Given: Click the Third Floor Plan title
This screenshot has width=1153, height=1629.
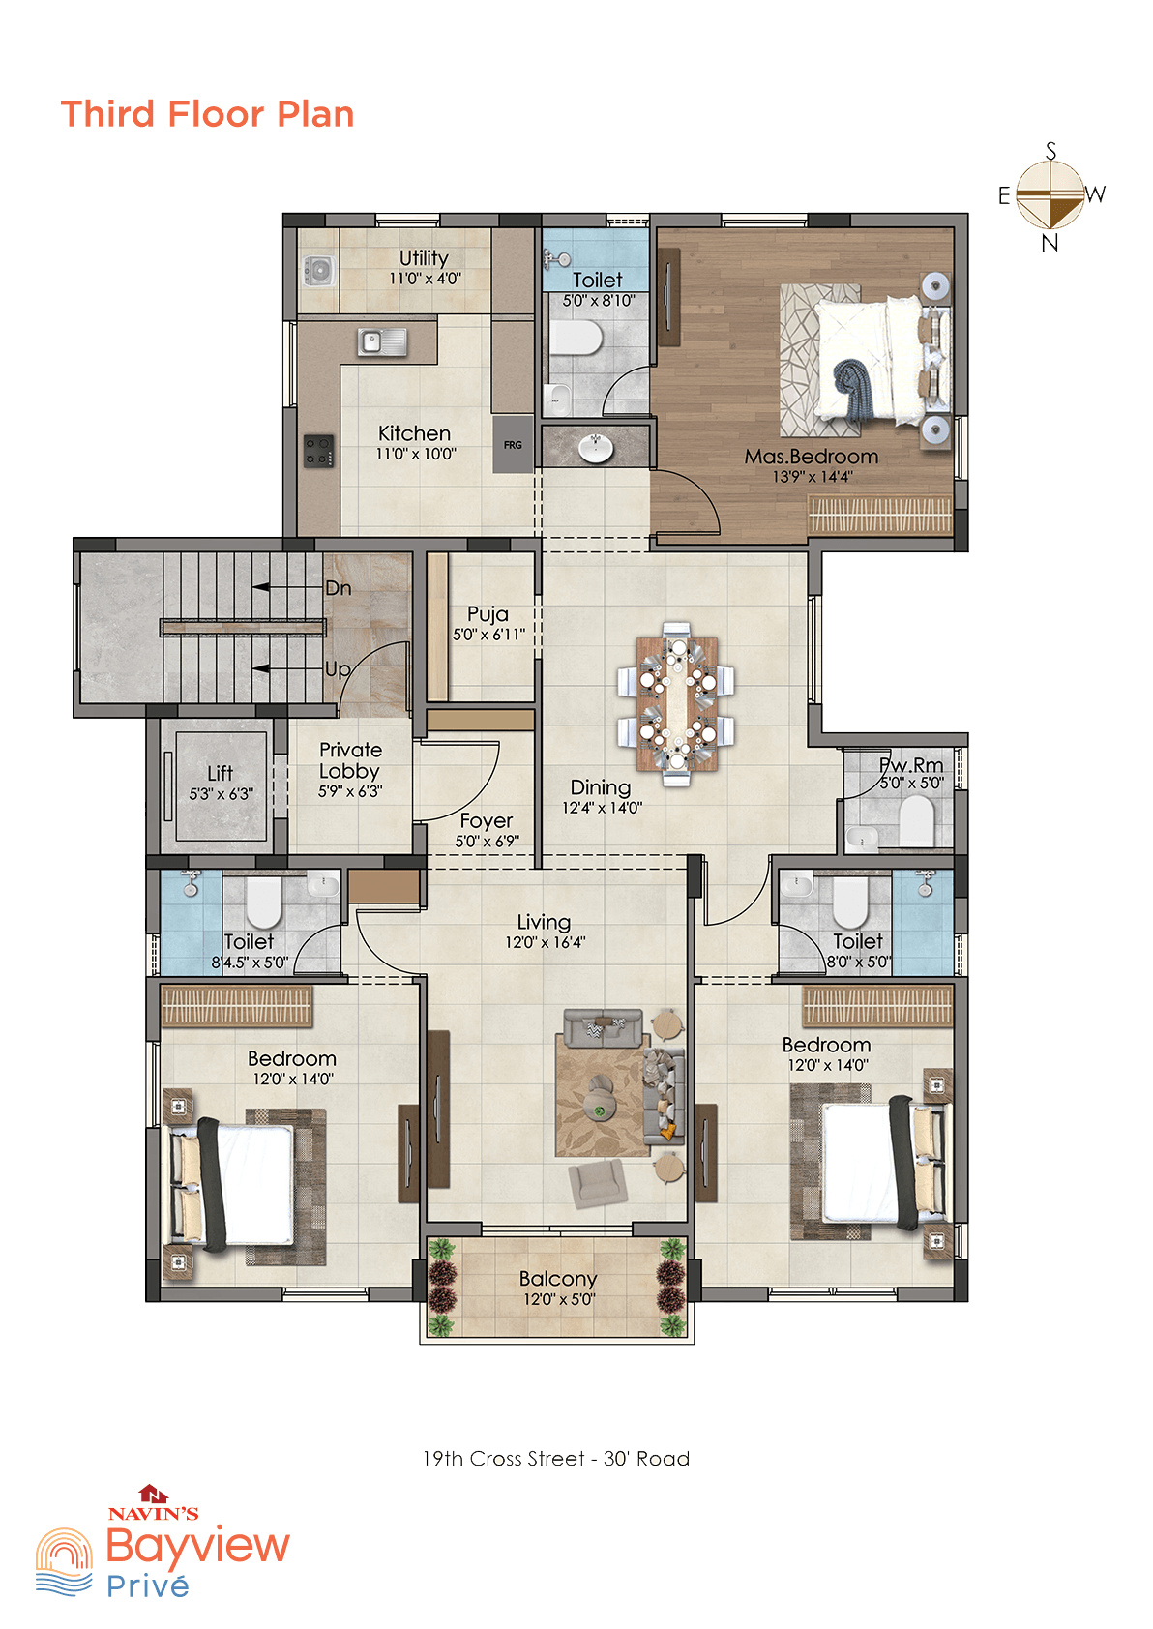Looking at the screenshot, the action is [x=207, y=114].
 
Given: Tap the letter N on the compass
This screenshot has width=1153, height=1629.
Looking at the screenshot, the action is [x=1050, y=244].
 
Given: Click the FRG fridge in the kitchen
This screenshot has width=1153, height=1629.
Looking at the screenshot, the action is [x=513, y=444].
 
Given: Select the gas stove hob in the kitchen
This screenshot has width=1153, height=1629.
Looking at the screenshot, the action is [x=318, y=451].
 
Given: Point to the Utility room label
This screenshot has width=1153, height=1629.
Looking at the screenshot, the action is [x=424, y=258].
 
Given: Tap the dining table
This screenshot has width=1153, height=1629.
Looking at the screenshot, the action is [x=676, y=704].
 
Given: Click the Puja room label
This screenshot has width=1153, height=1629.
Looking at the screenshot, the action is [x=488, y=614].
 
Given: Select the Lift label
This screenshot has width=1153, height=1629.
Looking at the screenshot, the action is [x=221, y=772].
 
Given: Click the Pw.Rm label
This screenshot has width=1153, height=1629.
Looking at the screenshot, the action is [x=911, y=765].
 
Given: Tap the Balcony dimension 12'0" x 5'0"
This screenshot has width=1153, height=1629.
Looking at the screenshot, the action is [x=559, y=1299].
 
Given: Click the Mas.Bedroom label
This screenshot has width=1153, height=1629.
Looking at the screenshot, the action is [x=812, y=457].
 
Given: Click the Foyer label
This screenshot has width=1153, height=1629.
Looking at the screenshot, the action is [x=487, y=821].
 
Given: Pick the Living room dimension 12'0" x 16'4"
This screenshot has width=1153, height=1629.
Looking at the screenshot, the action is [x=546, y=942].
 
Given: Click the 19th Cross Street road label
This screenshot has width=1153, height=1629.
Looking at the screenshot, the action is [x=556, y=1459].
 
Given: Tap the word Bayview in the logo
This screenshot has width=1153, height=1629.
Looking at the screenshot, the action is [x=197, y=1546].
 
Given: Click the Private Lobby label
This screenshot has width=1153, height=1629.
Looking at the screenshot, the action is [x=350, y=760].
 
